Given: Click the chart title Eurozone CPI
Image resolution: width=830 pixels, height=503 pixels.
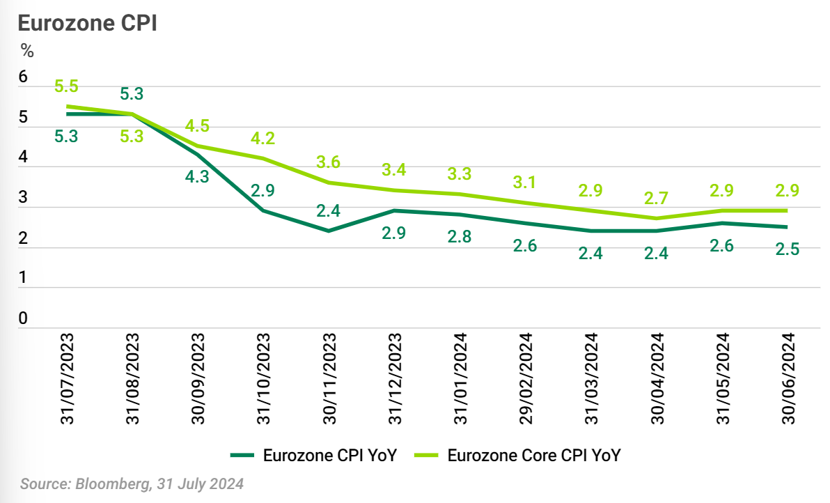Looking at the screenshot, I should [x=86, y=22].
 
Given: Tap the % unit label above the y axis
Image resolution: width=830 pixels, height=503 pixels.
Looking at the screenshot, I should [x=26, y=51].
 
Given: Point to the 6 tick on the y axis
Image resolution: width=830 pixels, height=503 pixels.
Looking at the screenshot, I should [x=23, y=77].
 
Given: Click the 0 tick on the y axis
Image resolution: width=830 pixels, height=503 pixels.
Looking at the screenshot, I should [x=23, y=318].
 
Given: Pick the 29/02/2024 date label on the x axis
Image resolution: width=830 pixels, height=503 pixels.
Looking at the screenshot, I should [x=525, y=379].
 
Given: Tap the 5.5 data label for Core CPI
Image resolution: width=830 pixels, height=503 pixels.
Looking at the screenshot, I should [x=66, y=86].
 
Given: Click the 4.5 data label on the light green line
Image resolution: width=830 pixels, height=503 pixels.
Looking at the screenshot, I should [x=197, y=126].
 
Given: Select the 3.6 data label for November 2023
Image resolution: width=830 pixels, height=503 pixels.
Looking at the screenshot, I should [x=328, y=162].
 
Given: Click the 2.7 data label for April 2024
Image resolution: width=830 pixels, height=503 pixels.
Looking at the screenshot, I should [x=656, y=199].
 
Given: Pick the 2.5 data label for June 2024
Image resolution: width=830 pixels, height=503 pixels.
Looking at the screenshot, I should [x=787, y=249].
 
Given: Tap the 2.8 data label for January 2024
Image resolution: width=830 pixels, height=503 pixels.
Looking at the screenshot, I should [x=460, y=237].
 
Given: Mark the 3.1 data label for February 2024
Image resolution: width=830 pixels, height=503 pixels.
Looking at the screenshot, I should [x=525, y=183].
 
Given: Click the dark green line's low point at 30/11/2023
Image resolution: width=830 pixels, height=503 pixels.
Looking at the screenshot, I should [x=329, y=231].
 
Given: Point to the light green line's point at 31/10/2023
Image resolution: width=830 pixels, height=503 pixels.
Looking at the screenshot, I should [x=263, y=158].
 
